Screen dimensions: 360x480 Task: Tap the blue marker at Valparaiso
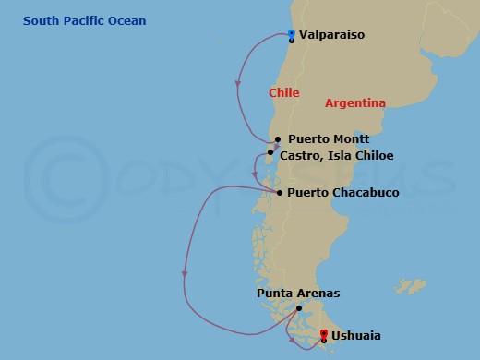[x=291, y=34]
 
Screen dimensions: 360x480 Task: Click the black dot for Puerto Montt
[x=277, y=140]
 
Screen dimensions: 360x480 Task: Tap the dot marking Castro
[x=270, y=153]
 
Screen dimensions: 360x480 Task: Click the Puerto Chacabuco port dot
[x=279, y=192]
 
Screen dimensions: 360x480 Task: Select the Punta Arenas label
[x=298, y=294]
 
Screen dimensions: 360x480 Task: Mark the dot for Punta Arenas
[x=298, y=308]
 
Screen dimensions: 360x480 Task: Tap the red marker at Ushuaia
[x=323, y=333]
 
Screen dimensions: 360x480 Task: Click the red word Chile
[x=284, y=93]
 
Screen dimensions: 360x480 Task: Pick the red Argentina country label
[x=355, y=103]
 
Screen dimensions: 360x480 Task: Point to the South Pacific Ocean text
[x=85, y=21]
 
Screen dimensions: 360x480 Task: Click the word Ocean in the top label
[x=126, y=21]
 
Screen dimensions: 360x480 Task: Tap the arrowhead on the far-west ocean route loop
[x=185, y=274]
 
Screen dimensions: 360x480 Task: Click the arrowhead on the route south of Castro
[x=256, y=173]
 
